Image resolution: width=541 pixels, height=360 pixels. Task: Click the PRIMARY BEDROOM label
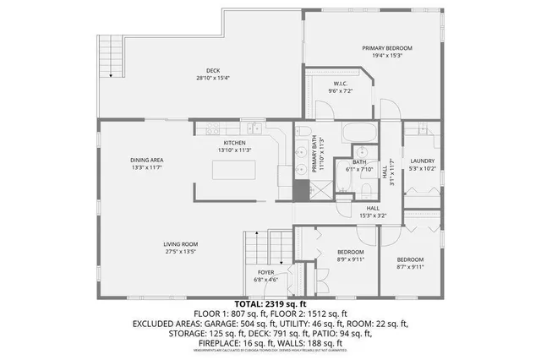[x=387, y=49]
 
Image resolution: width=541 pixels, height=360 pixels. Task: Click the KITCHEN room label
[x=234, y=143]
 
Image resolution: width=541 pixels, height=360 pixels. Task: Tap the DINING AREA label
[x=146, y=160]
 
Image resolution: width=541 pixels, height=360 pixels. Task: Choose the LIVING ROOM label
[x=181, y=244]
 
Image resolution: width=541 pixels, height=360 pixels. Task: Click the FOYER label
[x=265, y=272]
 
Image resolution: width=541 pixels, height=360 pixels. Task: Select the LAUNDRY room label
[x=422, y=161]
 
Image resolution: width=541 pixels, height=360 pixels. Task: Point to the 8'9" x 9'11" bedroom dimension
[x=350, y=260]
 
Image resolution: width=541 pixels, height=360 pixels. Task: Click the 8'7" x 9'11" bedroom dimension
[x=410, y=267]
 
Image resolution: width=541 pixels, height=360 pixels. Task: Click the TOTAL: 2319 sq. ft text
[x=270, y=303]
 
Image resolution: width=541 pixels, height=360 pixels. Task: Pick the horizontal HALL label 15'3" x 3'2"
[x=371, y=215]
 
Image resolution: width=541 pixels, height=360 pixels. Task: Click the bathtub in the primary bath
[x=360, y=135]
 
